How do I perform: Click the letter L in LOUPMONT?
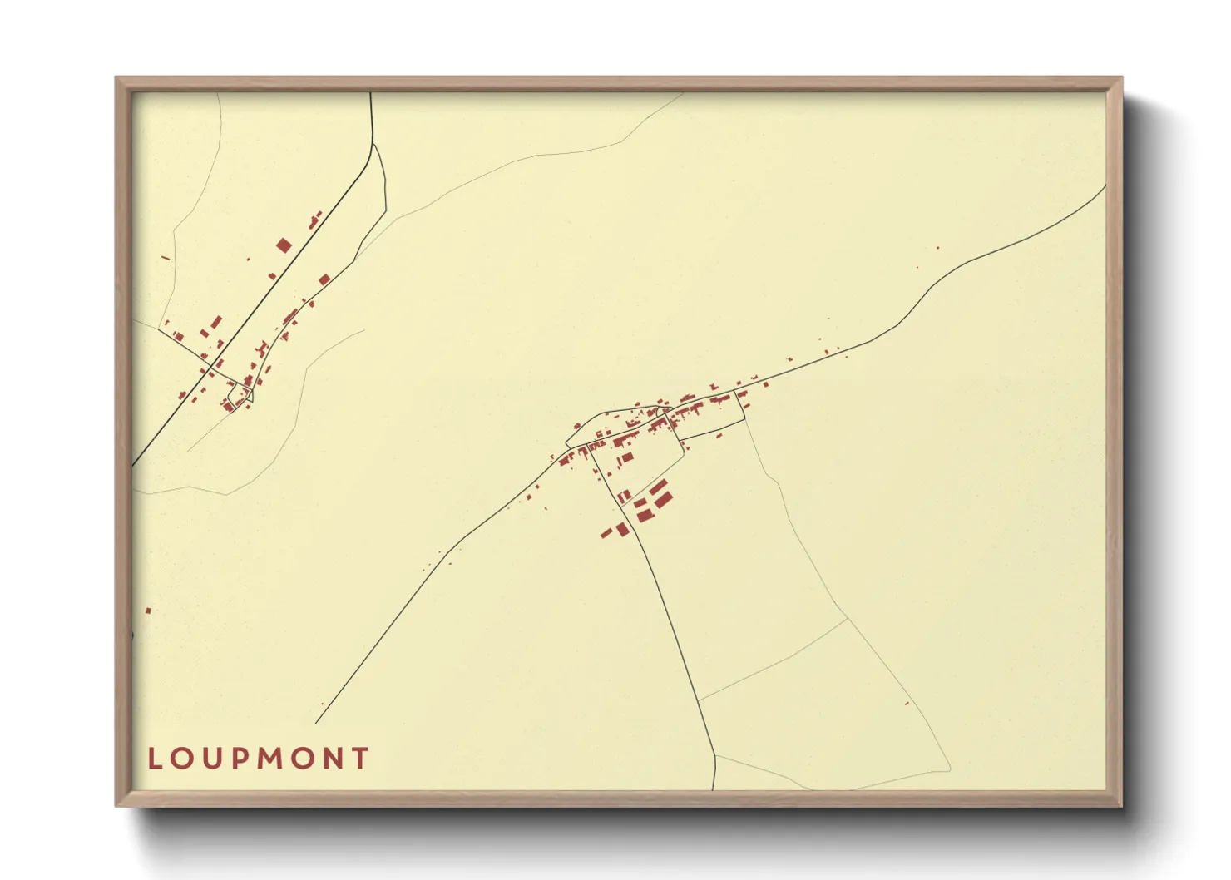(x=155, y=759)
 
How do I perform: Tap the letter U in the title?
(x=210, y=759)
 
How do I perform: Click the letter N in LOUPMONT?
(x=333, y=759)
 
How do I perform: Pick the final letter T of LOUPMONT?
(x=360, y=759)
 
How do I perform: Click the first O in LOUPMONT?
(x=181, y=759)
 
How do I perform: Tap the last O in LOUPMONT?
(x=302, y=759)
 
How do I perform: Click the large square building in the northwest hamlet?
(x=284, y=245)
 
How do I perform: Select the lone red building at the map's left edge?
(x=149, y=611)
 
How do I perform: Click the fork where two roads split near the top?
(x=373, y=144)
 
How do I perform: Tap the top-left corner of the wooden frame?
(x=117, y=79)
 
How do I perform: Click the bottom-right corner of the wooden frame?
(x=1120, y=804)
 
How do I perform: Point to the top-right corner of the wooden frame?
(x=1120, y=79)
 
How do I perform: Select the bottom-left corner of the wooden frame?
(x=117, y=804)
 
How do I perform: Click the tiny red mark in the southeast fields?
(x=907, y=704)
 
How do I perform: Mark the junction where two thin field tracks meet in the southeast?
(x=848, y=617)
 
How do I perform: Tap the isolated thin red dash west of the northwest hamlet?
(x=166, y=258)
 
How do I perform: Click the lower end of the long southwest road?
(x=316, y=723)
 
